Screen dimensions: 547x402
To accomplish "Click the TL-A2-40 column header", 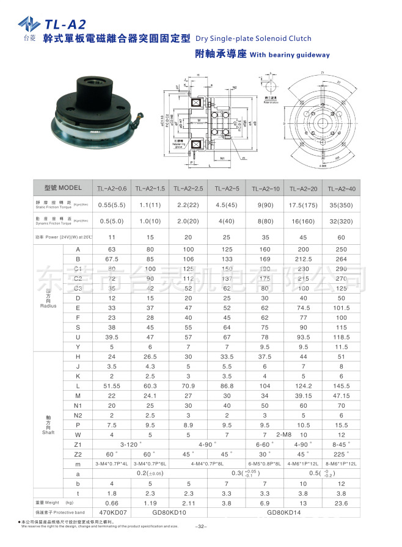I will [342, 188].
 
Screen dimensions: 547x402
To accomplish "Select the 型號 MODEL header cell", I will [63, 187].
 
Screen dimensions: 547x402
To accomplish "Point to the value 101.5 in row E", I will [342, 308].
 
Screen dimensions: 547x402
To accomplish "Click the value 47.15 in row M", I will [342, 396].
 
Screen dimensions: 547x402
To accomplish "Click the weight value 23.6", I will [342, 502].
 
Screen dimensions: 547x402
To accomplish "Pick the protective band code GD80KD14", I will [284, 512].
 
